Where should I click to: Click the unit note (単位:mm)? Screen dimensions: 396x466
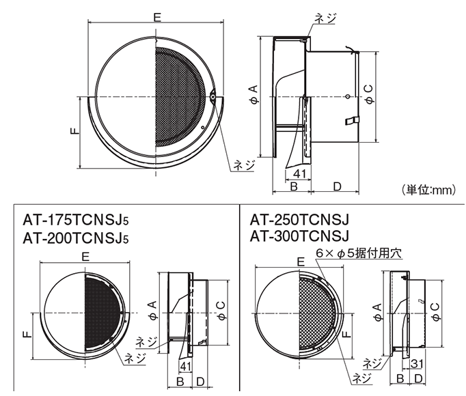click(x=426, y=190)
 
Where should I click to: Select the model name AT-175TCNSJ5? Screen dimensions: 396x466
click(x=76, y=221)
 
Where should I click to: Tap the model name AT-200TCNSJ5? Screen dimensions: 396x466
click(x=76, y=238)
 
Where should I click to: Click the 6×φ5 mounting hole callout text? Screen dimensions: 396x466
click(x=359, y=252)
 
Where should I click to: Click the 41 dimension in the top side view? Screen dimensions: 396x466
click(x=289, y=175)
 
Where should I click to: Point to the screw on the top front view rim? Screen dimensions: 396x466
click(x=213, y=98)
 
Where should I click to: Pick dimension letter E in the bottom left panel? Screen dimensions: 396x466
click(x=83, y=257)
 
